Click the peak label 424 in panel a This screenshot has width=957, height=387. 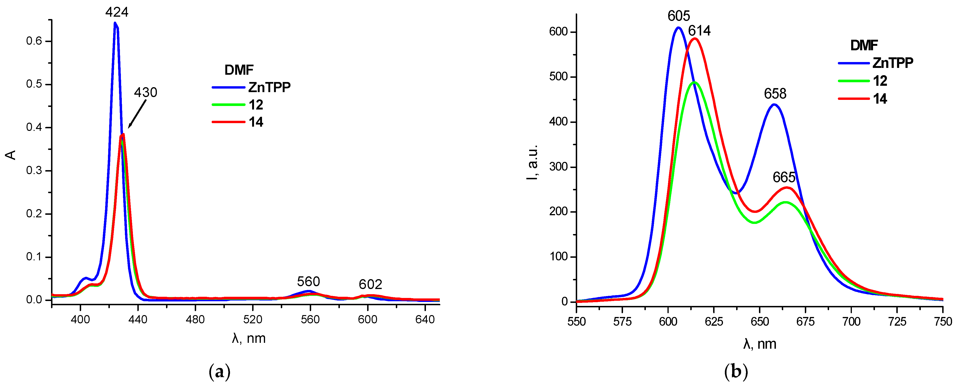tap(117, 12)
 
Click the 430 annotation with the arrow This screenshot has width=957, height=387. tap(145, 92)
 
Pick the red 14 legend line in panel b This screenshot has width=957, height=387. tap(853, 99)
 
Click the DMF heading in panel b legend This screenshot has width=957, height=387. tap(864, 45)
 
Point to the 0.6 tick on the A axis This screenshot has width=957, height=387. tap(34, 41)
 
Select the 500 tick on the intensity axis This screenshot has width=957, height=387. tap(558, 77)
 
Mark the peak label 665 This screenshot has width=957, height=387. tap(784, 177)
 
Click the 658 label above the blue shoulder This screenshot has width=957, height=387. tap(775, 94)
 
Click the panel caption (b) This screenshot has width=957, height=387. tap(736, 371)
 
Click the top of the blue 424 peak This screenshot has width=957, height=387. tap(115, 23)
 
